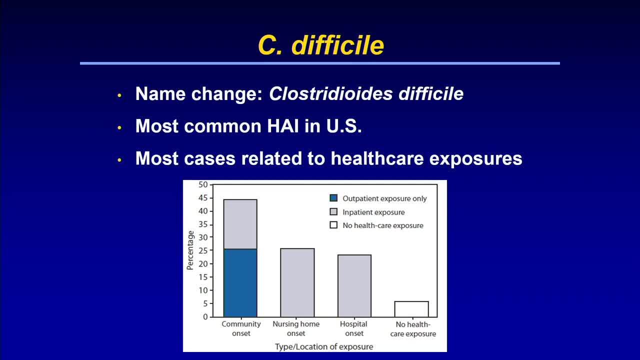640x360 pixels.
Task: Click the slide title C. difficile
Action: pos(321,45)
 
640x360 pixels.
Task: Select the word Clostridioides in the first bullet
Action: pos(331,93)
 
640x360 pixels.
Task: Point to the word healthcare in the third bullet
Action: pos(377,158)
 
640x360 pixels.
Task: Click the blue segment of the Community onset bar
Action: pos(240,283)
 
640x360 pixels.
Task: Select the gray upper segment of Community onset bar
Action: pos(240,224)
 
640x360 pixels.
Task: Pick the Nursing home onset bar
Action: pos(297,282)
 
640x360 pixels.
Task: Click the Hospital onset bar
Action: pos(354,285)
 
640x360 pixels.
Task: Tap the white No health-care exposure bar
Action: pos(411,309)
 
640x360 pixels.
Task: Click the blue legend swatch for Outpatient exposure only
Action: pos(333,198)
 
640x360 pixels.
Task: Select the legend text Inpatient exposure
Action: pos(373,212)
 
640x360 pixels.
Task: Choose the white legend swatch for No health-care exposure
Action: pos(333,225)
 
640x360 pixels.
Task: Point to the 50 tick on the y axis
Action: pos(203,185)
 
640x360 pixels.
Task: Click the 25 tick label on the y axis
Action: pos(203,250)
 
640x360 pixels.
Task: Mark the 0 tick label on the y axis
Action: pos(205,317)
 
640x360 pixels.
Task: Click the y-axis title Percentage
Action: pos(190,250)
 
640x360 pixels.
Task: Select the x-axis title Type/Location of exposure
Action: pos(324,347)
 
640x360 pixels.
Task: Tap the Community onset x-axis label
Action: pos(241,328)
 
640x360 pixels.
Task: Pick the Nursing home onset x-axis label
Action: pos(296,328)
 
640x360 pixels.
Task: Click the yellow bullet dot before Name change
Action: pos(119,95)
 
